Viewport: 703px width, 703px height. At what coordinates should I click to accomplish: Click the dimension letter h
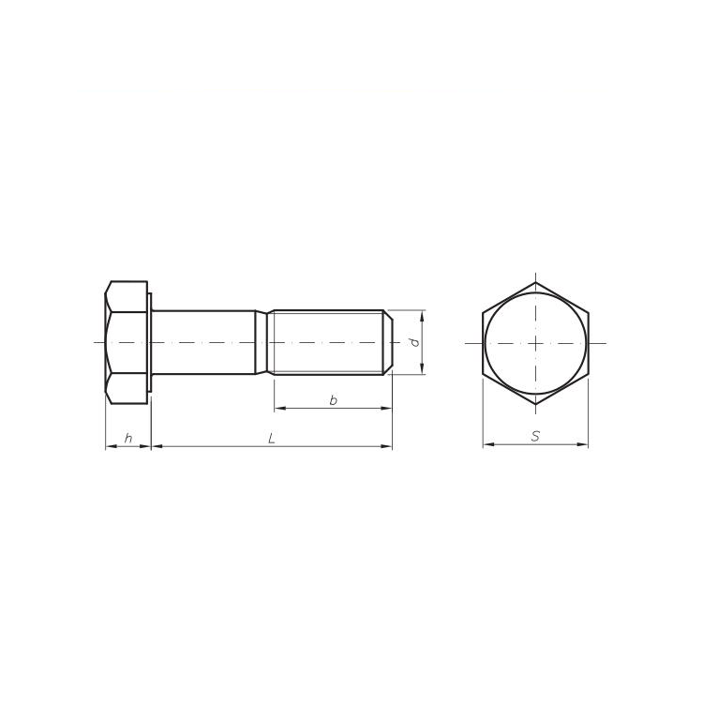click(127, 438)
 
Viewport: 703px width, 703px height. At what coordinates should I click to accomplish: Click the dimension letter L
click(271, 438)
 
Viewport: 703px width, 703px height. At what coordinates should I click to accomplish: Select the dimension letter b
click(333, 400)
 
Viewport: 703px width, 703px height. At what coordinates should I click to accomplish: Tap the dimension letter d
click(413, 343)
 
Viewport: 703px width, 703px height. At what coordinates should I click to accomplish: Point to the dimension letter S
click(535, 436)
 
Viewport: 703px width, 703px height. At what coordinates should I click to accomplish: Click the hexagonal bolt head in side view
click(127, 343)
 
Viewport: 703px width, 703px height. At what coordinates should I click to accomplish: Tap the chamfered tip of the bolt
click(386, 343)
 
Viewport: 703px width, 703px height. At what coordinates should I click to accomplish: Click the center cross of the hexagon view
click(535, 343)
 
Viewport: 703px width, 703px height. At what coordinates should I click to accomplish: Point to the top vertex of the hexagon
click(535, 282)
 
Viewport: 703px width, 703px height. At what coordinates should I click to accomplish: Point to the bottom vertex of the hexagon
click(535, 404)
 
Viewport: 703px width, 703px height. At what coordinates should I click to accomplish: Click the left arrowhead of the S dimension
click(487, 445)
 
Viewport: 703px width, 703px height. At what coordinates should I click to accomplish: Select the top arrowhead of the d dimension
click(422, 316)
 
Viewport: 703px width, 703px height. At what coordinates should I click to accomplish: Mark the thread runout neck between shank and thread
click(264, 343)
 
